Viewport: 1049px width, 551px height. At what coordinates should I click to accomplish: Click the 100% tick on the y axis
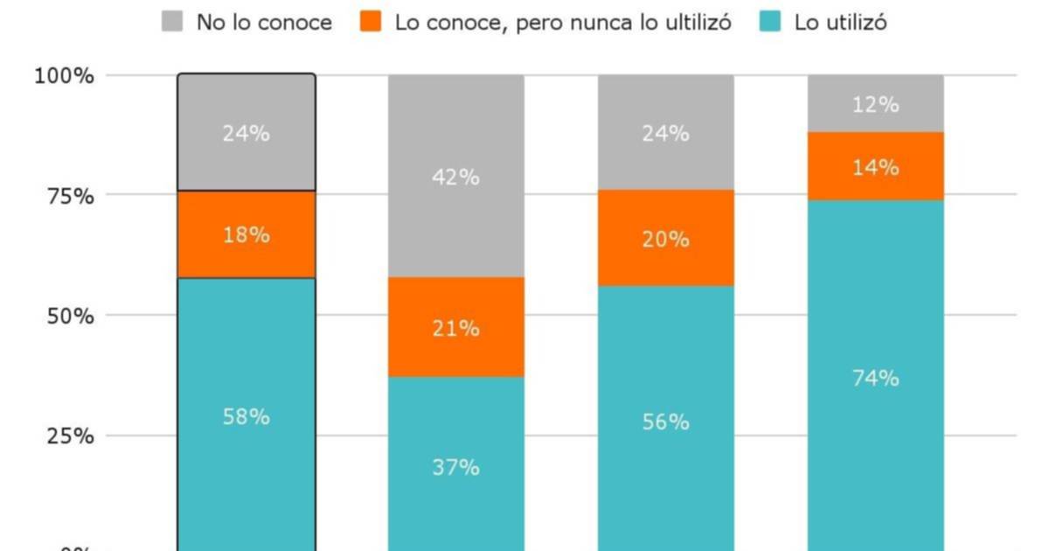coord(64,76)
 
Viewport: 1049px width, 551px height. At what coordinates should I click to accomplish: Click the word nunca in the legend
coord(594,23)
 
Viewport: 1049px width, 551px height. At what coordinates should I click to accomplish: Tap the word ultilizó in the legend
coord(688,23)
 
